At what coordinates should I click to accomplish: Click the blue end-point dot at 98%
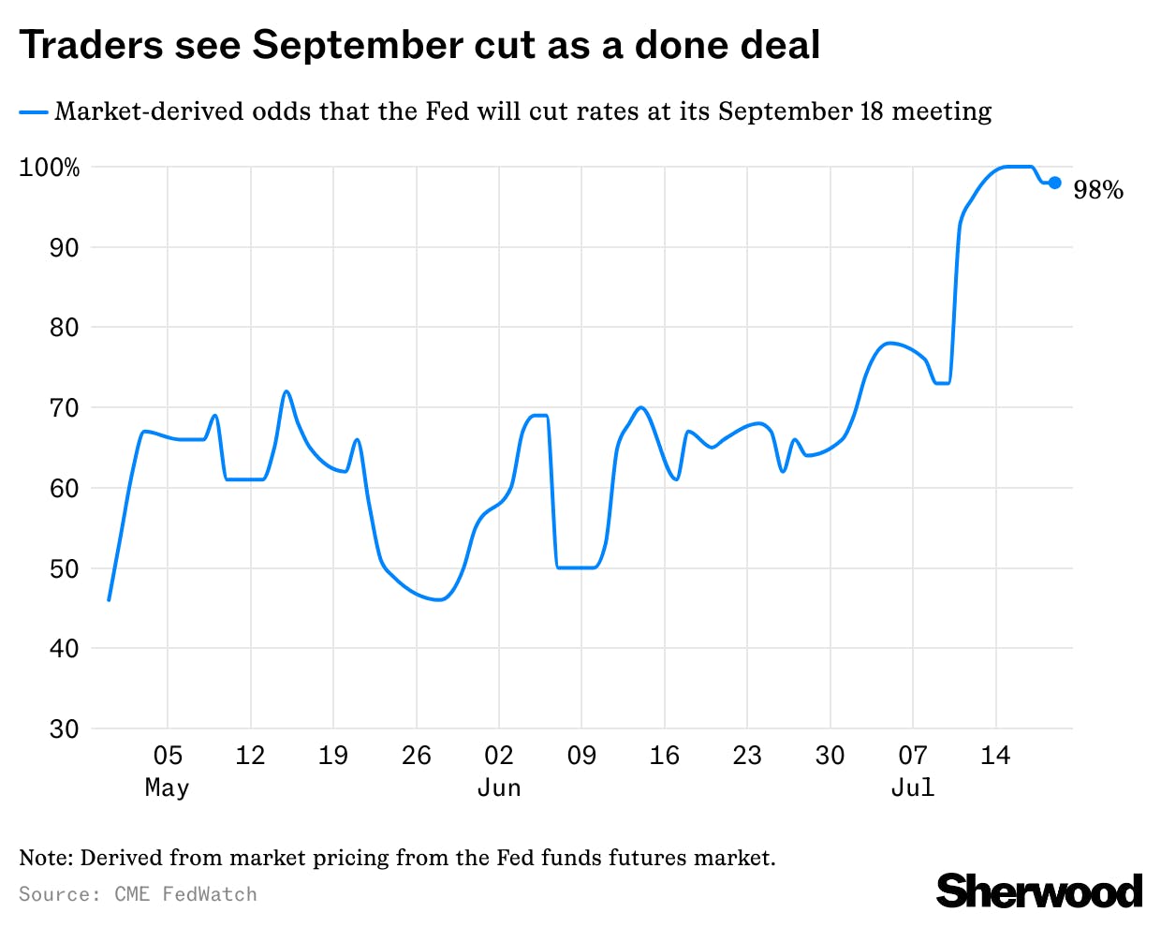[1054, 183]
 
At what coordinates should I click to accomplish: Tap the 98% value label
[1097, 190]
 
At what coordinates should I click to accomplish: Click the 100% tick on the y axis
[50, 168]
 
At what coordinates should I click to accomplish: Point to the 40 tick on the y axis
[64, 648]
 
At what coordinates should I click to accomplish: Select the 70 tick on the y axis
[64, 408]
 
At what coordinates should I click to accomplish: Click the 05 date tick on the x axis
[168, 756]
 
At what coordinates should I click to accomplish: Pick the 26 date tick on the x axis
[416, 756]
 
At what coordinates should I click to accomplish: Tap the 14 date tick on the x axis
[995, 756]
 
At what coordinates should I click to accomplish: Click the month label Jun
[499, 787]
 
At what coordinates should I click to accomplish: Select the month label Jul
[913, 787]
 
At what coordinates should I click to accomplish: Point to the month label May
[168, 787]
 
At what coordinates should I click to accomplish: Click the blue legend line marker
[34, 112]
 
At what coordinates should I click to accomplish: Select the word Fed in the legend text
[448, 111]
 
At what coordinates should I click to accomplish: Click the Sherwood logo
[1039, 890]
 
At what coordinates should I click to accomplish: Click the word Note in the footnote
[45, 858]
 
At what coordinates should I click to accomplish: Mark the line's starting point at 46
[109, 599]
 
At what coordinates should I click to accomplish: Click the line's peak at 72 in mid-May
[287, 391]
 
